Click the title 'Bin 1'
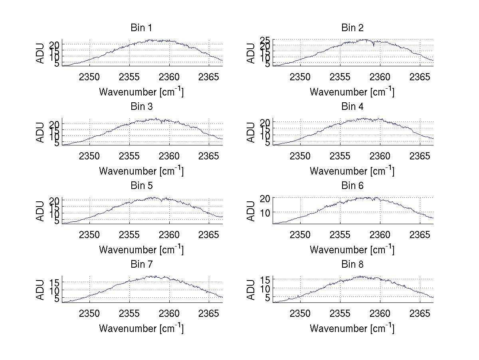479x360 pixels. coord(141,28)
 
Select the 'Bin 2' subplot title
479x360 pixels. coord(352,28)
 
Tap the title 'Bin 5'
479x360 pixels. coord(141,186)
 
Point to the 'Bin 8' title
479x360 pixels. coord(352,265)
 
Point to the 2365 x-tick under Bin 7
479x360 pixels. coord(209,313)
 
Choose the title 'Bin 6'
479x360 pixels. coord(352,186)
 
